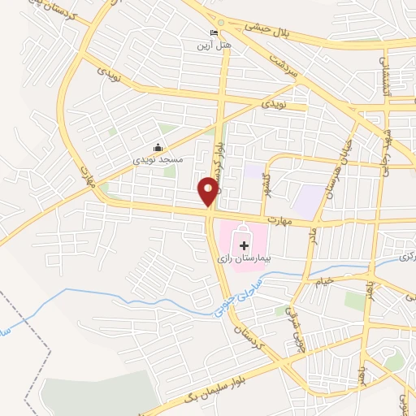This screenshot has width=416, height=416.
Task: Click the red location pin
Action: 209,190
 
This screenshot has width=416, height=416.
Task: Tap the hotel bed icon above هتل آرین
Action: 214,33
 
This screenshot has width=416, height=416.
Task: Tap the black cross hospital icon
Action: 244,244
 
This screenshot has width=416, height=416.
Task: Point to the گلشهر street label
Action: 266,188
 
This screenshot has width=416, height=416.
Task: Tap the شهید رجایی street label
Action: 392,142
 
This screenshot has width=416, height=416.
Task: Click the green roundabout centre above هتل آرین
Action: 221,22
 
